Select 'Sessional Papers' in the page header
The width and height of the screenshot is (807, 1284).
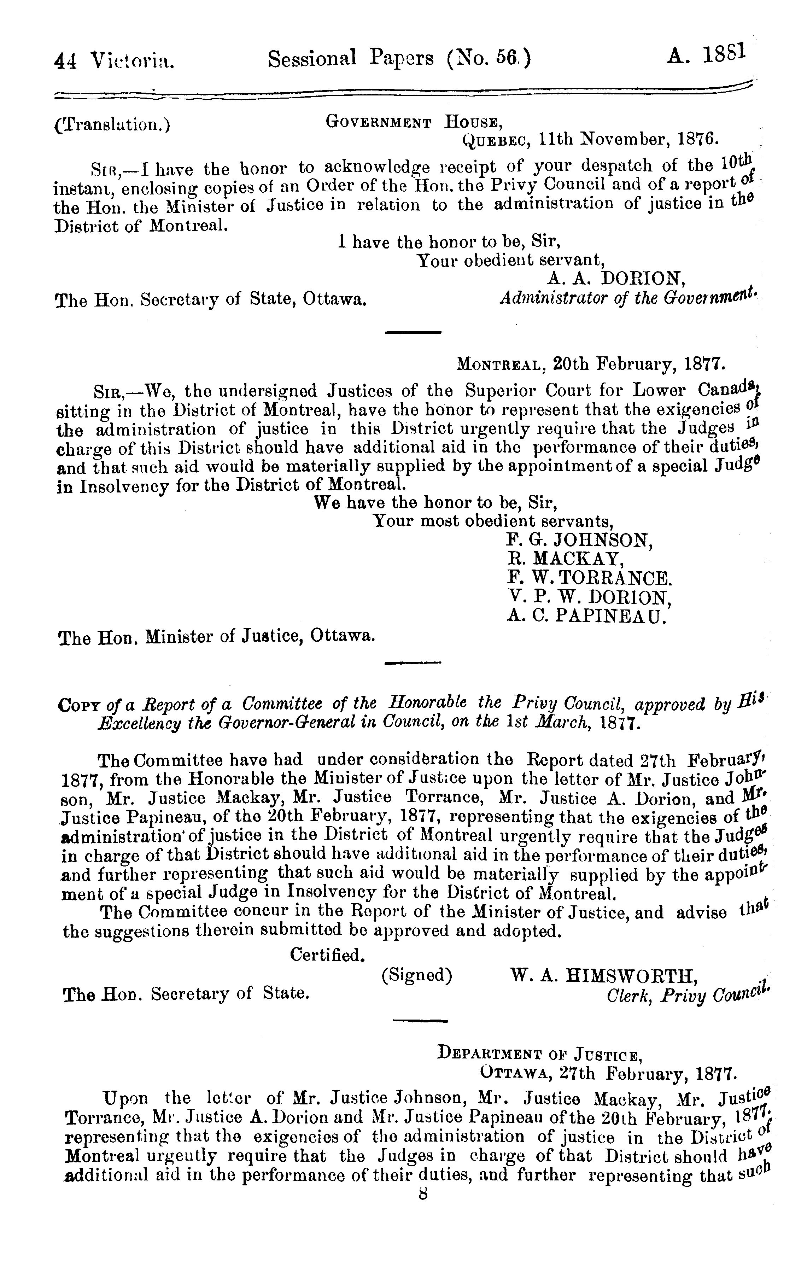pos(351,59)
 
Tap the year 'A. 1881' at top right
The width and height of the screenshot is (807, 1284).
pos(707,55)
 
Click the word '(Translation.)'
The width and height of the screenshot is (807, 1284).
pos(112,125)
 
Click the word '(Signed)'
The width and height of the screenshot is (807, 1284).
pos(417,975)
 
